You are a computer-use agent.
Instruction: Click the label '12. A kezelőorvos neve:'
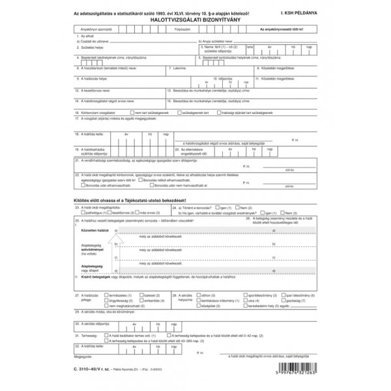(x=94, y=90)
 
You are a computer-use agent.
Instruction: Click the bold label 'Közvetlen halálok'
(x=95, y=231)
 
